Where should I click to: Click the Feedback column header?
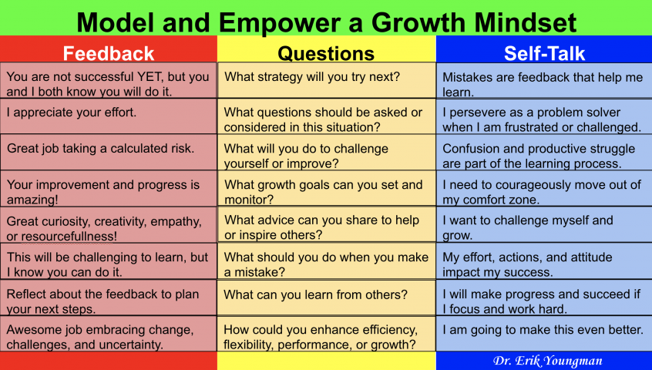(x=109, y=53)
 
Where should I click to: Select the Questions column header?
(x=326, y=53)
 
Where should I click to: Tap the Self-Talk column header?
(x=544, y=53)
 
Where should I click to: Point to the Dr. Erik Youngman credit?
(x=548, y=361)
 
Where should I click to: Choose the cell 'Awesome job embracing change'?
(x=108, y=337)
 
